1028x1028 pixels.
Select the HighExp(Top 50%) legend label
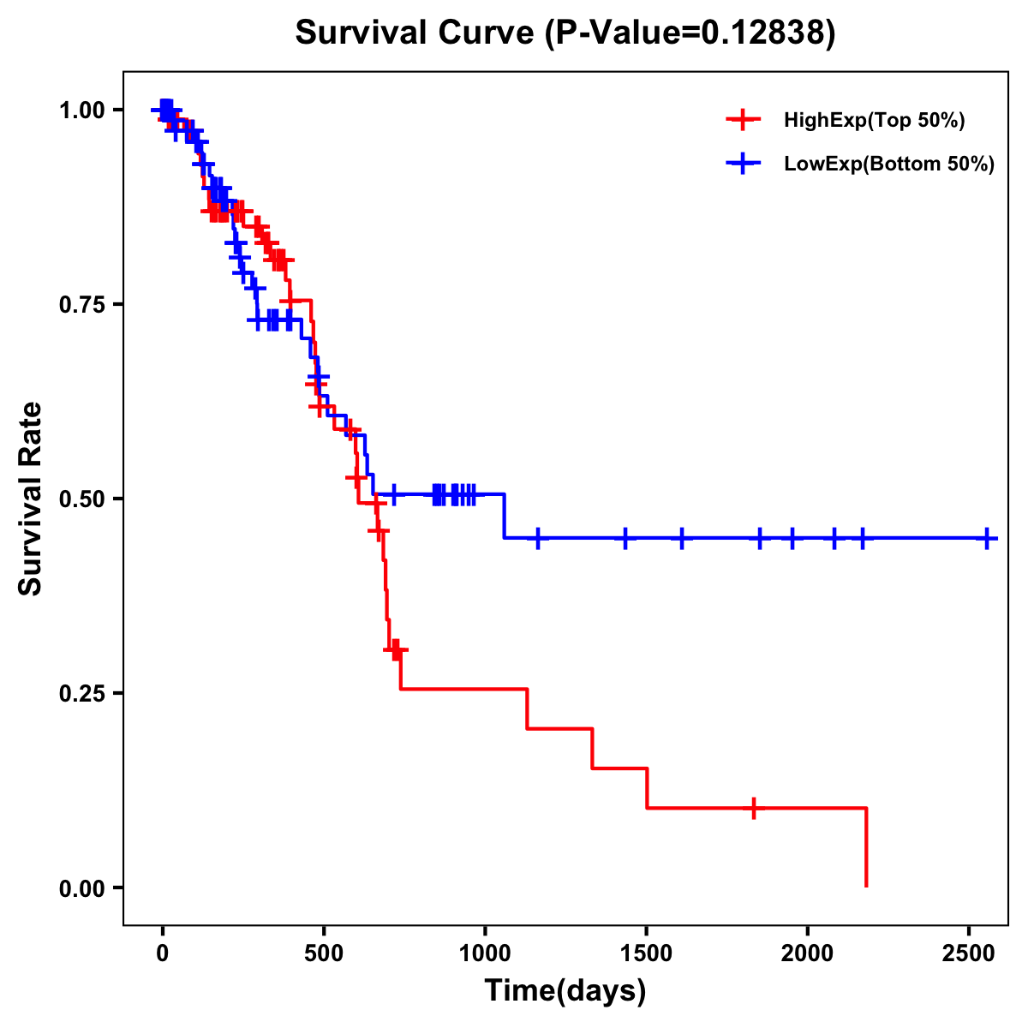[874, 121]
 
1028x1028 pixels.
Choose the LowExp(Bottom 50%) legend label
[889, 164]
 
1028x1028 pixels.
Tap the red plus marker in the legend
[744, 120]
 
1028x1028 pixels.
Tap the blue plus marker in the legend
[744, 164]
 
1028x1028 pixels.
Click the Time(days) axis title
[565, 991]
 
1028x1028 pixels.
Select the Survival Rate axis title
[31, 498]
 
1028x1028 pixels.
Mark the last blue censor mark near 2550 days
[987, 538]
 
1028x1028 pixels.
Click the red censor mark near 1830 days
[753, 808]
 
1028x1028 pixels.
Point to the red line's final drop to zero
[867, 848]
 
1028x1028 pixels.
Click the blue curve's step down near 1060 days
[505, 516]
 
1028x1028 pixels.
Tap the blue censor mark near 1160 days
[538, 538]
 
